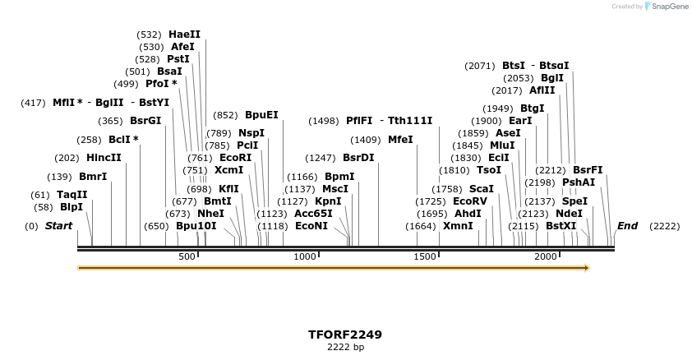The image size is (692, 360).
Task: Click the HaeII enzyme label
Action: tap(184, 35)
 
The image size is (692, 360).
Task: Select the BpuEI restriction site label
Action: tap(261, 115)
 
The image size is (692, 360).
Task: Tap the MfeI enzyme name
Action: tap(400, 140)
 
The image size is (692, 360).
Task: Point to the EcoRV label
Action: tap(470, 201)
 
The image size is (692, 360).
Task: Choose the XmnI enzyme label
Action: tap(458, 226)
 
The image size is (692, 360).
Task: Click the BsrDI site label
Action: tap(358, 158)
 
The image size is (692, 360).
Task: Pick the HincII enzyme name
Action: tap(104, 158)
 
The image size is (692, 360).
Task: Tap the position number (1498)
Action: tap(324, 121)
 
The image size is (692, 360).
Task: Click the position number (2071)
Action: tap(480, 66)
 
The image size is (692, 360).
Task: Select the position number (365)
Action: tap(110, 121)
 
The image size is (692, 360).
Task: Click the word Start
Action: tap(58, 226)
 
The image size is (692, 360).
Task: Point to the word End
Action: tap(627, 226)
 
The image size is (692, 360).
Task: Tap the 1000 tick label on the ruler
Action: tap(305, 257)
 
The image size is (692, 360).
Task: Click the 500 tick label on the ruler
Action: tap(187, 257)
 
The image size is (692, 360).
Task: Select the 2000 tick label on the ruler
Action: tap(546, 257)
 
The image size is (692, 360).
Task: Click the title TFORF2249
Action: tap(345, 335)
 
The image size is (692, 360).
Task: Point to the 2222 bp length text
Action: tap(345, 348)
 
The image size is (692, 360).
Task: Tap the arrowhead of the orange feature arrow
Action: tap(587, 268)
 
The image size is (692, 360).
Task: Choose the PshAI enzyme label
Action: tap(579, 182)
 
